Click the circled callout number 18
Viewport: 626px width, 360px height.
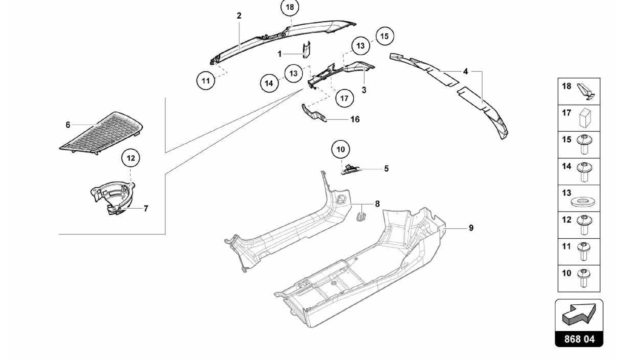290,7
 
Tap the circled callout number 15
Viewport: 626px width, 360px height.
384,36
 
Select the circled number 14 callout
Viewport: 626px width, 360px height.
269,83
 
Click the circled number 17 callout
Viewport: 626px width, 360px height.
344,98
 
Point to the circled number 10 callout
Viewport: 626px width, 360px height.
341,149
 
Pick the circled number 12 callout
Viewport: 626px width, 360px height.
131,158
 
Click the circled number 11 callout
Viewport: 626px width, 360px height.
206,81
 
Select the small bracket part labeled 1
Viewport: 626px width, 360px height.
306,50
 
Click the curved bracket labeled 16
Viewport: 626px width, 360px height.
312,113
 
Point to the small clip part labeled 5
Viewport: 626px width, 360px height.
351,169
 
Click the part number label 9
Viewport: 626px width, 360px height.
471,228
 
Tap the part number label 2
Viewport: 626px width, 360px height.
239,16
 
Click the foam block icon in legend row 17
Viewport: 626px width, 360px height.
585,118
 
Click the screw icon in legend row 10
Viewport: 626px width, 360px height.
584,278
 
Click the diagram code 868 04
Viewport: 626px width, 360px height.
579,339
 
